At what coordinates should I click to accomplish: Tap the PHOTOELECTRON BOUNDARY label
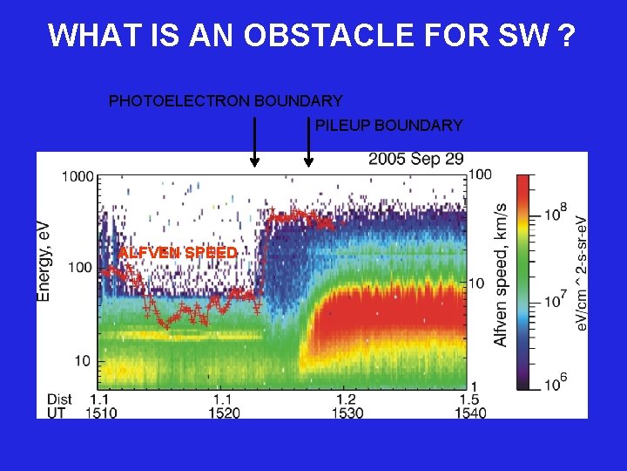[225, 101]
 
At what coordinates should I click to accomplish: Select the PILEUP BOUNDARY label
[388, 126]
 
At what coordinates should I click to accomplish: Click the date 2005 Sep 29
[415, 160]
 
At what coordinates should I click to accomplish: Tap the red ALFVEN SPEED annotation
[178, 253]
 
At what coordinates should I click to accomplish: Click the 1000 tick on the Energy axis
[77, 176]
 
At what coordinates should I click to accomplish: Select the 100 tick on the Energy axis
[80, 267]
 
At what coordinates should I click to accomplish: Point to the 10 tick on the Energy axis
[84, 360]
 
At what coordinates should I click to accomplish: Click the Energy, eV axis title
[44, 262]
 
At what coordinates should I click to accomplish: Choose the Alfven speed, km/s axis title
[502, 275]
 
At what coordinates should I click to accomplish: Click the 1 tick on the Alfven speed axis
[475, 386]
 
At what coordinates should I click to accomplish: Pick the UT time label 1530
[347, 413]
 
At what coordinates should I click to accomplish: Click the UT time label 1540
[469, 413]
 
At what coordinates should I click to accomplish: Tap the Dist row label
[60, 399]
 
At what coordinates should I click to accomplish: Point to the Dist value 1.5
[469, 399]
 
